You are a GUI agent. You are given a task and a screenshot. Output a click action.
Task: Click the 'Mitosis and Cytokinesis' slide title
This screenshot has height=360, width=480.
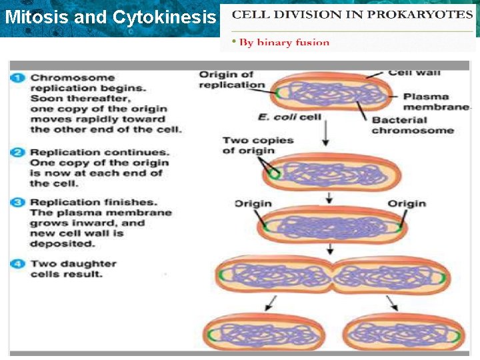pyautogui.click(x=110, y=17)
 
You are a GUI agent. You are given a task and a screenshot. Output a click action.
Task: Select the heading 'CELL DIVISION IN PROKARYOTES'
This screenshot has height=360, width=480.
pyautogui.click(x=352, y=15)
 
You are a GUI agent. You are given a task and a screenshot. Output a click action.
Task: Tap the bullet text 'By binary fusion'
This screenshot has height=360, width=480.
pyautogui.click(x=284, y=43)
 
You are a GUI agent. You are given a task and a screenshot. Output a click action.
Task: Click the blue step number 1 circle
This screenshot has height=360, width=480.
pyautogui.click(x=18, y=78)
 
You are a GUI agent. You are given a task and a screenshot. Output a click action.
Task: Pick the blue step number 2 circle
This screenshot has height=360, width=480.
pyautogui.click(x=18, y=153)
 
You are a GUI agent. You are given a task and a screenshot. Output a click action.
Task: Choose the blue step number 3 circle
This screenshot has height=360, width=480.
pyautogui.click(x=18, y=202)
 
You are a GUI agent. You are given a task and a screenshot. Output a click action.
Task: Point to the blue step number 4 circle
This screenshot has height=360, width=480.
pyautogui.click(x=18, y=264)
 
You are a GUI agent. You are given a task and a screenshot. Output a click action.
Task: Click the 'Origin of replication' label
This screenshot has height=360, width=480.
pyautogui.click(x=227, y=79)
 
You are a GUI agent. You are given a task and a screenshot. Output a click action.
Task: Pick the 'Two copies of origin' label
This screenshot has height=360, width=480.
pyautogui.click(x=249, y=145)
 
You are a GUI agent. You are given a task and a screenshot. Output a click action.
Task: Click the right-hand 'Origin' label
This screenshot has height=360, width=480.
pyautogui.click(x=407, y=203)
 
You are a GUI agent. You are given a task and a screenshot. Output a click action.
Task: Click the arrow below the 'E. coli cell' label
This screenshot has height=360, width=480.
pyautogui.click(x=326, y=135)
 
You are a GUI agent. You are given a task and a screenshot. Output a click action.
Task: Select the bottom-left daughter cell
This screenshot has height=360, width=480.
pyautogui.click(x=265, y=332)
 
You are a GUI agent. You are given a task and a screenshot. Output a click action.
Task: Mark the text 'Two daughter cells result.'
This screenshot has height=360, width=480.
pyautogui.click(x=73, y=269)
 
